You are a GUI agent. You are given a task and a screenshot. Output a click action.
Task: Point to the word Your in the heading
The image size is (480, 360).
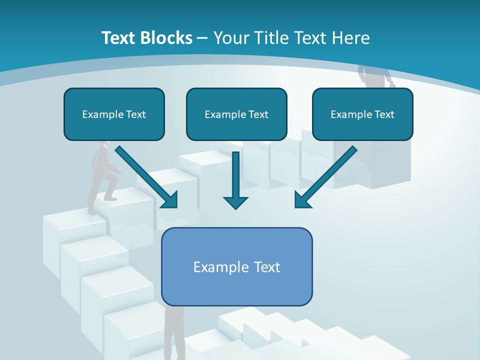tap(231, 38)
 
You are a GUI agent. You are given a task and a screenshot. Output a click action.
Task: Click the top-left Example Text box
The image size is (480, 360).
tap(114, 114)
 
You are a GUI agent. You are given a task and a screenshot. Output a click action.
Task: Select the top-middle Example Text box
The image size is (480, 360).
tap(236, 114)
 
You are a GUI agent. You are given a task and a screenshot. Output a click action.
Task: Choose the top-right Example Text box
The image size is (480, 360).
tap(362, 114)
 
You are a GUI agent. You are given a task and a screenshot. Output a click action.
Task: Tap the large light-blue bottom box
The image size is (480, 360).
tap(236, 266)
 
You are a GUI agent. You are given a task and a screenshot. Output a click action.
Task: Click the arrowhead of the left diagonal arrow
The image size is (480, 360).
tap(170, 200)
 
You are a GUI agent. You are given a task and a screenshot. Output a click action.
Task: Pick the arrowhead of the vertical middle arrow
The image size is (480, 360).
tap(235, 202)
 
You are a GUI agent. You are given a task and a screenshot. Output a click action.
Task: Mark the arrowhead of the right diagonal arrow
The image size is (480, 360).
tap(302, 200)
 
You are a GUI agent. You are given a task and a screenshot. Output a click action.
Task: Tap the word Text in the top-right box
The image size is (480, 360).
tap(384, 114)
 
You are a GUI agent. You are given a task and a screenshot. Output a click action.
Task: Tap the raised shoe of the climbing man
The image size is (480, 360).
tap(110, 198)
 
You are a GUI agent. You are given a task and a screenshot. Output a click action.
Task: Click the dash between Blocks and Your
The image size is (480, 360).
tap(202, 39)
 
